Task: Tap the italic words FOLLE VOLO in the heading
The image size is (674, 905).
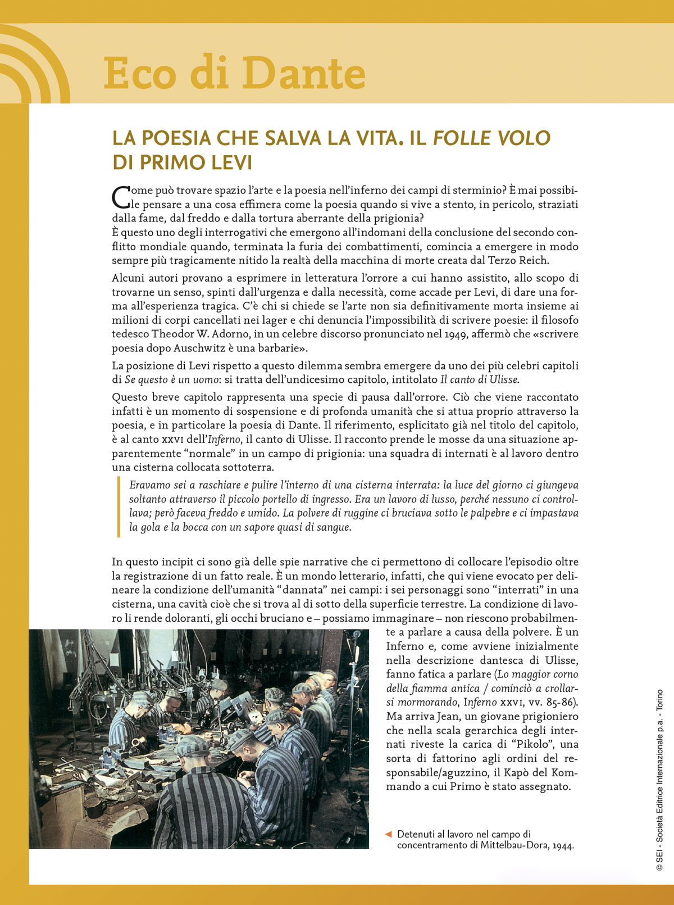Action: pyautogui.click(x=491, y=138)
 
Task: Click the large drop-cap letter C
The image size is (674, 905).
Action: pyautogui.click(x=121, y=197)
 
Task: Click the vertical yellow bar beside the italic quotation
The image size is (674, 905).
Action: pyautogui.click(x=119, y=506)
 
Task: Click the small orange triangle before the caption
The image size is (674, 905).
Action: pyautogui.click(x=388, y=834)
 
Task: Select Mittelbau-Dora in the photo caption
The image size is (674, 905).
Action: pyautogui.click(x=513, y=845)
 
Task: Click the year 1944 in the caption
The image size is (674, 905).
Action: pyautogui.click(x=563, y=845)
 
